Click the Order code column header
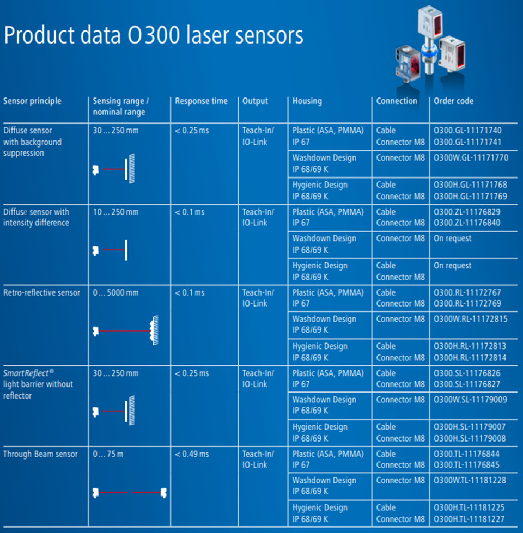pyautogui.click(x=453, y=101)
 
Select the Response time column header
pyautogui.click(x=201, y=101)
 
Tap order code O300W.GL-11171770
pyautogui.click(x=471, y=158)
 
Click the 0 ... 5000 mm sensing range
pyautogui.click(x=115, y=293)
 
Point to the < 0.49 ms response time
pyautogui.click(x=192, y=454)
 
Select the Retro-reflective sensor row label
pyautogui.click(x=41, y=293)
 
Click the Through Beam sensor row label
pyautogui.click(x=40, y=454)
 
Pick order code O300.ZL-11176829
pyautogui.click(x=467, y=212)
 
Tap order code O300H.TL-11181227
pyautogui.click(x=469, y=519)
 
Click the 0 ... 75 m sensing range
pyautogui.click(x=108, y=454)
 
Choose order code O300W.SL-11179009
pyautogui.click(x=470, y=400)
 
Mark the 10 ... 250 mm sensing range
pyautogui.click(x=115, y=212)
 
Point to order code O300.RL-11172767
pyautogui.click(x=467, y=293)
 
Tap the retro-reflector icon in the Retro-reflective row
pyautogui.click(x=154, y=330)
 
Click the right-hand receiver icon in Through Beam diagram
pyautogui.click(x=163, y=493)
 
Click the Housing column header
pyautogui.click(x=307, y=101)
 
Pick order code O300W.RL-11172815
pyautogui.click(x=471, y=319)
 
